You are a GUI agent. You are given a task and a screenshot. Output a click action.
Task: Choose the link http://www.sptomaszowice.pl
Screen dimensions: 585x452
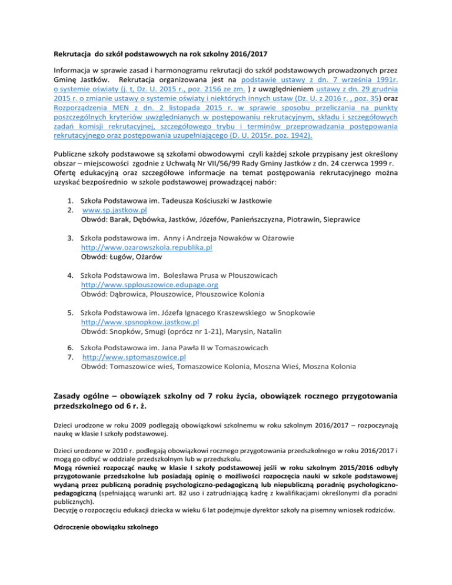(x=135, y=357)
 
